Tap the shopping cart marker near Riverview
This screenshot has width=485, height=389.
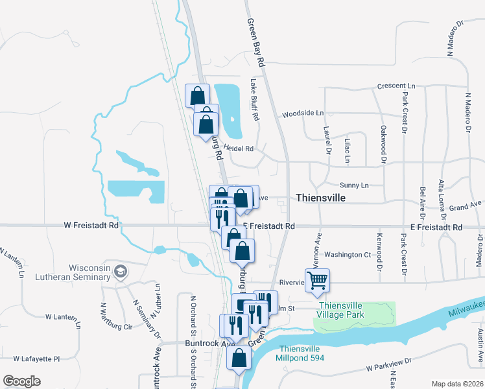[x=318, y=281]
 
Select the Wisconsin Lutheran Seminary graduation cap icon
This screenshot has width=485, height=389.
[x=120, y=270]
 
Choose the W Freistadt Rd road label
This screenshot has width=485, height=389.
[x=91, y=226]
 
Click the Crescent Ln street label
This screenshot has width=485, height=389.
[x=396, y=86]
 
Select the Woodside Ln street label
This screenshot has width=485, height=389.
[x=302, y=113]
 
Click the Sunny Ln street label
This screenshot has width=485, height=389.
[x=355, y=185]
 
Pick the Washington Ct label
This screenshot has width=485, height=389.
[x=348, y=255]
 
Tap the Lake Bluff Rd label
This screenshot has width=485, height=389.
[x=254, y=100]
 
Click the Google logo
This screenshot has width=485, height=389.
[x=21, y=381]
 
